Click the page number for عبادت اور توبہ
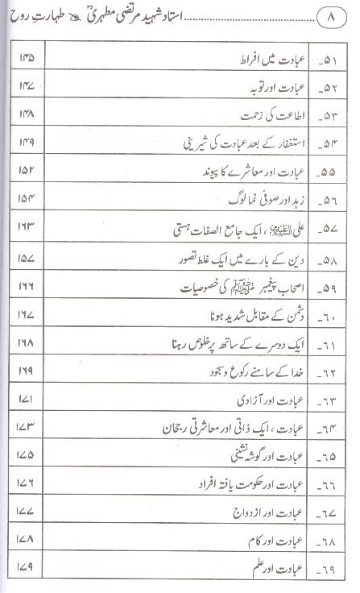click(x=25, y=86)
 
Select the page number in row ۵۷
click(x=26, y=227)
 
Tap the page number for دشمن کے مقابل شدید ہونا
click(x=26, y=313)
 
